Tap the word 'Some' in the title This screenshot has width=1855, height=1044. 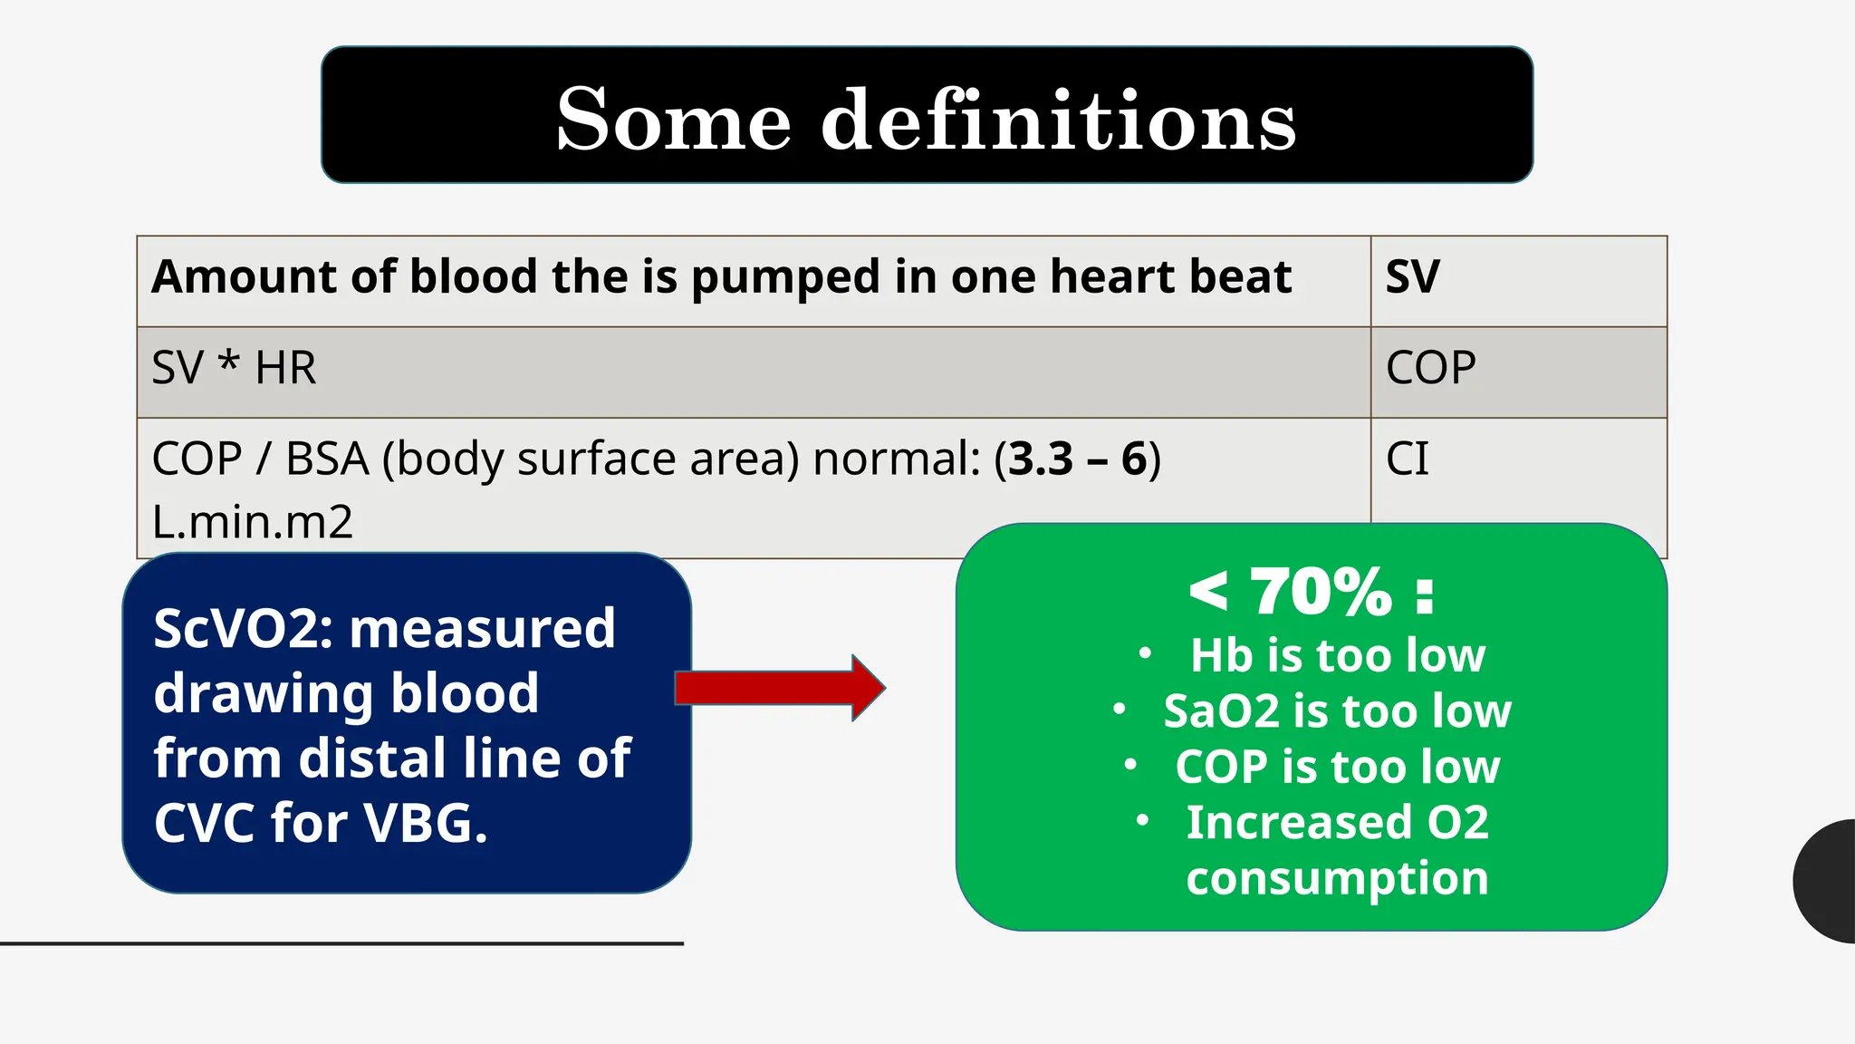click(674, 120)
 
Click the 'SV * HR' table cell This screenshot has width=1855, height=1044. click(234, 368)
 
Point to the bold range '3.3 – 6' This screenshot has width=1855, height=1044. click(1078, 459)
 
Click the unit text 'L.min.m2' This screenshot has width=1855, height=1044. click(252, 522)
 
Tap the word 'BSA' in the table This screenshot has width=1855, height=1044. click(327, 459)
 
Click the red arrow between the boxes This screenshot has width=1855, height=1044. click(779, 688)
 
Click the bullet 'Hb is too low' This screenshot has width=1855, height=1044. click(1337, 655)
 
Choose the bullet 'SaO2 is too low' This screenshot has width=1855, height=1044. click(1337, 711)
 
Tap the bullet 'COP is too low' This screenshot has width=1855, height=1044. click(1337, 767)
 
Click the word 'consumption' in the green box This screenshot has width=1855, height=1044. click(1337, 878)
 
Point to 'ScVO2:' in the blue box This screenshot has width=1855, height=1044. click(244, 628)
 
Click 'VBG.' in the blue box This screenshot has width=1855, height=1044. click(426, 823)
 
